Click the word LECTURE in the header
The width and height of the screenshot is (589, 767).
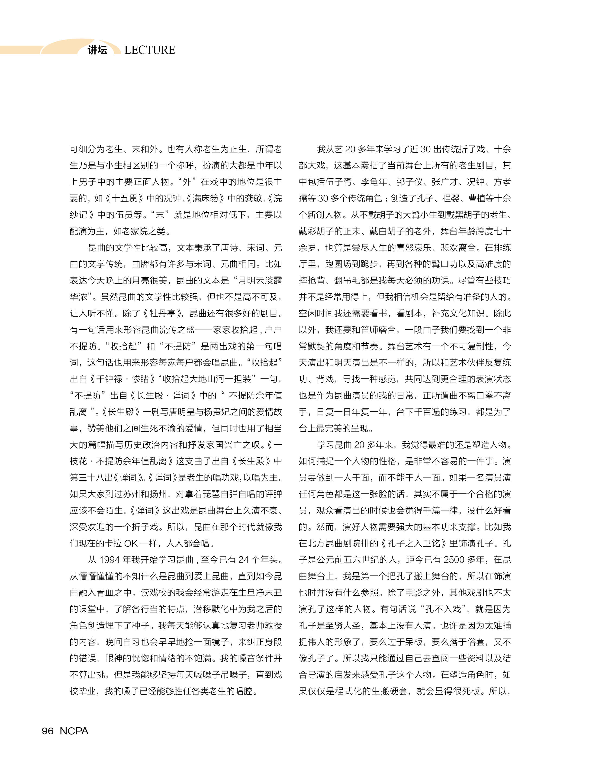pos(149,50)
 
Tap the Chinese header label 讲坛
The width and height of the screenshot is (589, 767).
pos(97,50)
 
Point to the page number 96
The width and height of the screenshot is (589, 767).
pos(48,731)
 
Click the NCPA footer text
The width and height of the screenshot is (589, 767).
pos(74,731)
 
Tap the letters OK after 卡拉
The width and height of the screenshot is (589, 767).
pos(131,543)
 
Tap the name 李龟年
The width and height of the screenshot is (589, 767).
pos(374,182)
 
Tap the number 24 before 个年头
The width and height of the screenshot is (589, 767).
pos(243,560)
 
